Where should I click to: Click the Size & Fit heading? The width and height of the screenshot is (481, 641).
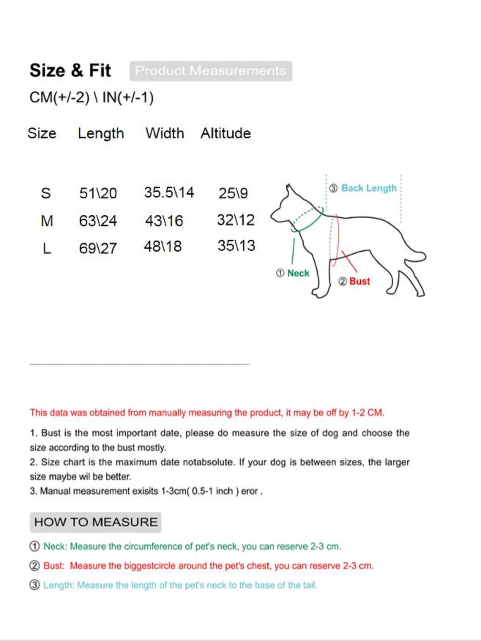point(70,70)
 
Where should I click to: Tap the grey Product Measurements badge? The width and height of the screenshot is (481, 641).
point(211,71)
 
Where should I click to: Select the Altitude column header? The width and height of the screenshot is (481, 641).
point(225,133)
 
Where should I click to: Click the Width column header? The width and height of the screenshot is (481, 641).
point(165,133)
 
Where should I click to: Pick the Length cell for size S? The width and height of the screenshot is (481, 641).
point(98,193)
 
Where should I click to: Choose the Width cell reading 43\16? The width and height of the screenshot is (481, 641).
point(164,220)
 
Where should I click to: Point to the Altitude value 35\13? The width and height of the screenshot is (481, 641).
point(236,246)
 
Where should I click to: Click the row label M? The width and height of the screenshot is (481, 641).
point(47,220)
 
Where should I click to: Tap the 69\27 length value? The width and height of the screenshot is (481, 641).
point(98,248)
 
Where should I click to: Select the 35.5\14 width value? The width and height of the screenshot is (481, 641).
point(169,192)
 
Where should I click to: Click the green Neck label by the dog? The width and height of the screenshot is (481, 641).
point(298,273)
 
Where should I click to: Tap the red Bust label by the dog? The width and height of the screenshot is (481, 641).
point(359,281)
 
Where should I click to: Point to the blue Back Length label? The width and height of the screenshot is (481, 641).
point(369,188)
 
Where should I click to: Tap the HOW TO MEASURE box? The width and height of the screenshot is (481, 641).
point(95,522)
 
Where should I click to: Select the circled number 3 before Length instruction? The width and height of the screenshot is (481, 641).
point(34,585)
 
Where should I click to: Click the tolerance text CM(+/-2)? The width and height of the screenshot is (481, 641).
point(59,97)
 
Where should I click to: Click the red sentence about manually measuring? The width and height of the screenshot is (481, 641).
point(207,413)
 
